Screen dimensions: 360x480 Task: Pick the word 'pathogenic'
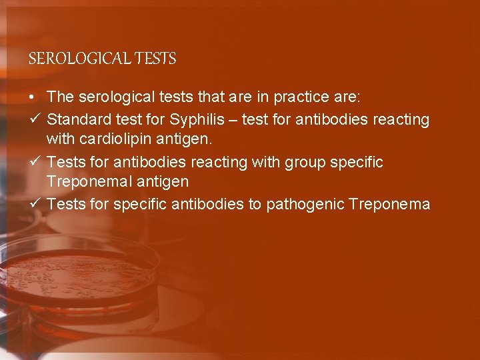click(x=305, y=204)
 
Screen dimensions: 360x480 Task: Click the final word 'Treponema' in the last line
click(x=389, y=204)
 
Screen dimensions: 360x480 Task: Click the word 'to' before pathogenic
click(x=255, y=204)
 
